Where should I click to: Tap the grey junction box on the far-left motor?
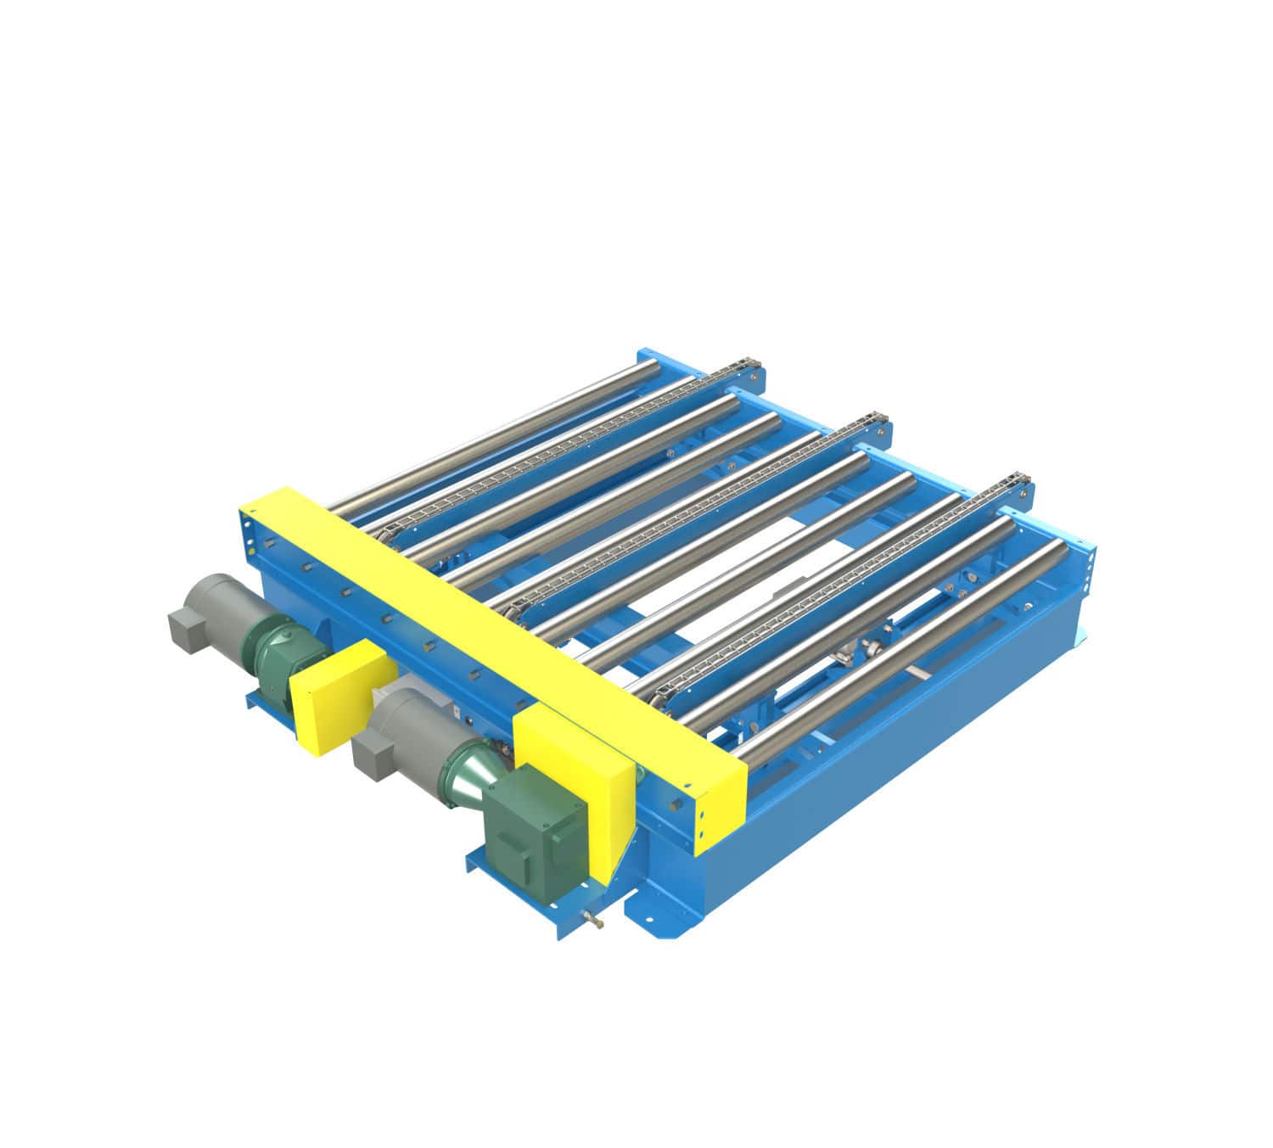(188, 629)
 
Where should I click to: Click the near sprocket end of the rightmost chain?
(666, 696)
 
